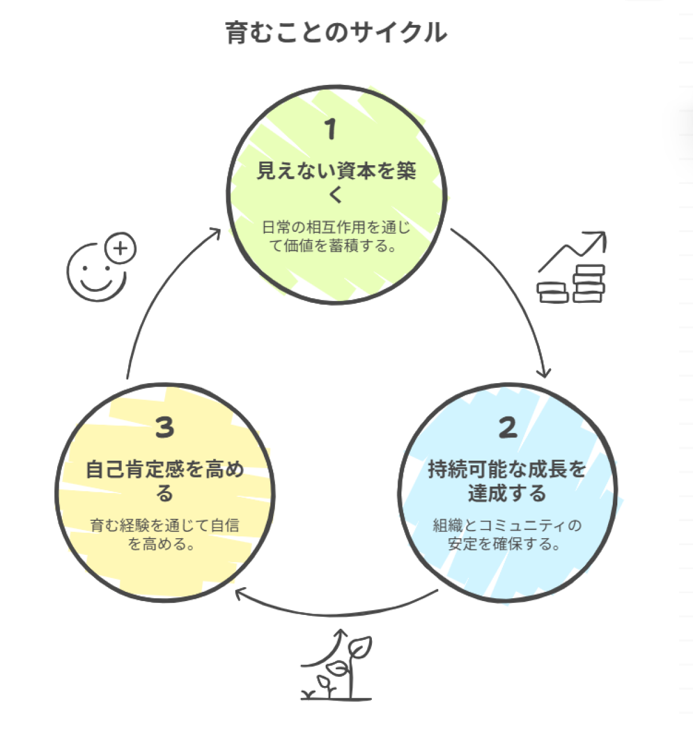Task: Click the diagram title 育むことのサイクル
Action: coord(336,33)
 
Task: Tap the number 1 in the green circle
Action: coord(330,129)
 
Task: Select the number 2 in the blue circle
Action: coord(508,428)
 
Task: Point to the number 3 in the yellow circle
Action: coord(165,428)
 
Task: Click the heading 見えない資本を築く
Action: coord(336,182)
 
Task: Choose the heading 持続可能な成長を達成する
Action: coord(507,481)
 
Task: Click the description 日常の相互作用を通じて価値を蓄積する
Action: coord(336,236)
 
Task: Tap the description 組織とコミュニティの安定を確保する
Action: coord(507,535)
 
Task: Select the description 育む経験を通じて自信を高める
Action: coord(165,535)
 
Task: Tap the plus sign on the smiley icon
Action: coord(120,249)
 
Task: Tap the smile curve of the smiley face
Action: coord(96,284)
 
